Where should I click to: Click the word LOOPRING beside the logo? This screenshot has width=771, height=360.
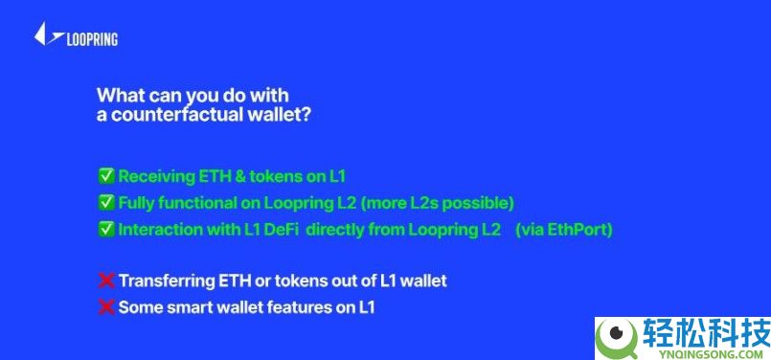pyautogui.click(x=92, y=39)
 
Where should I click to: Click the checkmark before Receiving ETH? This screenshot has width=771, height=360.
pyautogui.click(x=106, y=176)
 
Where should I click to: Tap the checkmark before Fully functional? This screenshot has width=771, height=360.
pyautogui.click(x=106, y=203)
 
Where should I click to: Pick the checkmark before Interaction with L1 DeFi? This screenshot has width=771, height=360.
pyautogui.click(x=106, y=230)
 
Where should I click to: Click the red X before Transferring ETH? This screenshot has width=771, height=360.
pyautogui.click(x=106, y=281)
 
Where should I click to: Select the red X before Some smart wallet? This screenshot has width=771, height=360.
pyautogui.click(x=106, y=307)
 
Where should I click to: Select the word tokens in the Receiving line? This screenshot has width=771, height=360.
pyautogui.click(x=265, y=176)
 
